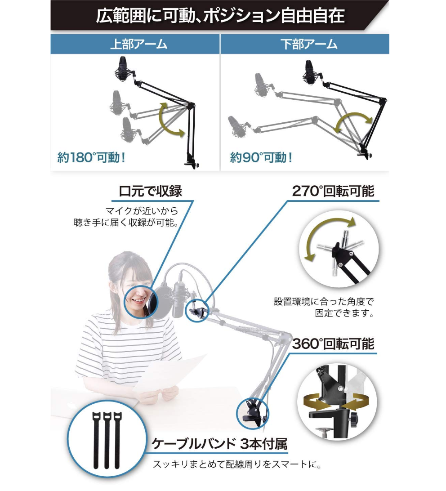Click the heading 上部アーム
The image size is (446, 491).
tap(139, 44)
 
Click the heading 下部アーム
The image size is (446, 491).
tap(309, 44)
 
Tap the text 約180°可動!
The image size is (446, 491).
tap(91, 157)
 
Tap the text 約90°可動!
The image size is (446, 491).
tap(261, 157)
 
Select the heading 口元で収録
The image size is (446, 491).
tap(150, 191)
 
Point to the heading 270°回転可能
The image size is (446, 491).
tap(333, 191)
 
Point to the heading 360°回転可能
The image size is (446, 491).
tap(333, 344)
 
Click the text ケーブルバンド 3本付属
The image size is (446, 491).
tap(219, 444)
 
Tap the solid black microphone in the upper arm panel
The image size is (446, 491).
tap(122, 69)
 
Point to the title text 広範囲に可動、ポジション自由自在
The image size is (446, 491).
tap(220, 16)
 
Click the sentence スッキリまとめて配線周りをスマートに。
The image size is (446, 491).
tap(237, 464)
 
